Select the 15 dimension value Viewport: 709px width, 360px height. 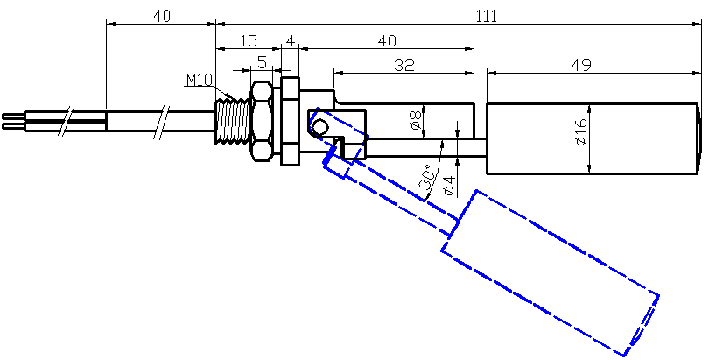(248, 40)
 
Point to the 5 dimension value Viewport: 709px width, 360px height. (262, 63)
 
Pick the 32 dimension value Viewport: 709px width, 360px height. (404, 64)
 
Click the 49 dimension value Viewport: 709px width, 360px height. (580, 64)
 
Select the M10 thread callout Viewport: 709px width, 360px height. (199, 81)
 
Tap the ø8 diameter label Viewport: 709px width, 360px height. (416, 119)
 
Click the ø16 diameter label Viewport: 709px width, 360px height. (580, 130)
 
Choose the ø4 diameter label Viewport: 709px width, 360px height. (448, 184)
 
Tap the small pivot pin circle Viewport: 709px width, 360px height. (320, 127)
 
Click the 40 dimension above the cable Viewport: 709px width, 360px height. (161, 16)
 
